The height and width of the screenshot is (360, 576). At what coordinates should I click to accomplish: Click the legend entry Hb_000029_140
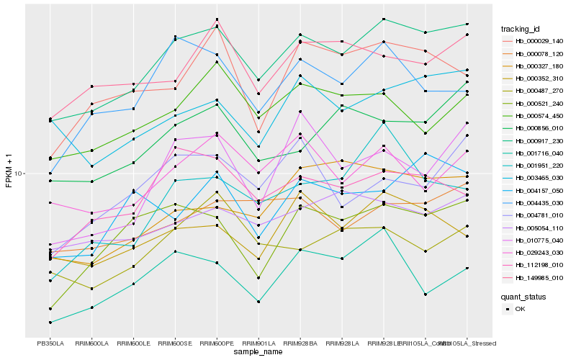tap(539, 41)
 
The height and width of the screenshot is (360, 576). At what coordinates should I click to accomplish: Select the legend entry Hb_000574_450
tap(539, 115)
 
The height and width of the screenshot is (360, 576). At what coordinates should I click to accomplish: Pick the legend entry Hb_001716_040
tap(539, 153)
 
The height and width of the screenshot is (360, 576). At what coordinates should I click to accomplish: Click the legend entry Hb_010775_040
tap(539, 240)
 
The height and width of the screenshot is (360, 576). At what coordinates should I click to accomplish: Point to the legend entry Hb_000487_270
tap(539, 91)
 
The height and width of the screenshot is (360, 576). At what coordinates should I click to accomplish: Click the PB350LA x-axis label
tap(50, 344)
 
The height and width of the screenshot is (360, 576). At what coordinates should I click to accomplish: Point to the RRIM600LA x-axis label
tap(91, 344)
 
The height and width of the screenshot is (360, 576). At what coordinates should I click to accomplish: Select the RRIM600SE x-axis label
tap(176, 344)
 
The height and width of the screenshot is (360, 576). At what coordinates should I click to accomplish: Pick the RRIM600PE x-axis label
tap(217, 344)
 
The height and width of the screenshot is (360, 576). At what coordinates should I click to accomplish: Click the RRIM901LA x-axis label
tap(259, 344)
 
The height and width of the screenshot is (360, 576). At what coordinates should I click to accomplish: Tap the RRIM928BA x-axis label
tap(301, 344)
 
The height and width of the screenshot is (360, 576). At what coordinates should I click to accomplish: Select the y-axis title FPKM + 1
tap(9, 170)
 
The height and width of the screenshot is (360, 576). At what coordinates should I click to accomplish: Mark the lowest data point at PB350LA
tap(50, 323)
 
